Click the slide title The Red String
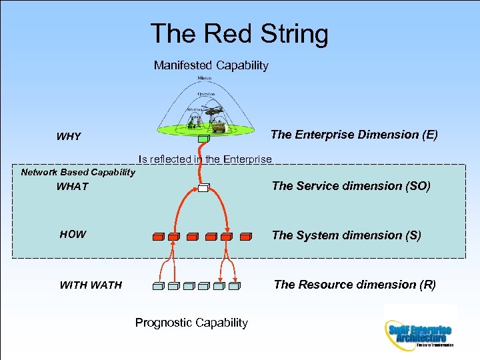point(239,34)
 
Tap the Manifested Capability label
point(211,65)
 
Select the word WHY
point(69,137)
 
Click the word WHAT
point(72,187)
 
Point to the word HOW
point(73,234)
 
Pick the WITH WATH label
point(91,285)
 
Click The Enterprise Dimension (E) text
point(354,135)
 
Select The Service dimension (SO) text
point(351,186)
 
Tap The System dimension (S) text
point(346,235)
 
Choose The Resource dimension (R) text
point(355,285)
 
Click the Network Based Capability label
point(78,173)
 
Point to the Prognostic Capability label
point(191,323)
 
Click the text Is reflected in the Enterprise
point(205,159)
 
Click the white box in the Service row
point(203,189)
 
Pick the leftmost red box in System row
point(159,236)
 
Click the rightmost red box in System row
point(245,236)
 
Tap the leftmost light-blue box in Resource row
point(158,287)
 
